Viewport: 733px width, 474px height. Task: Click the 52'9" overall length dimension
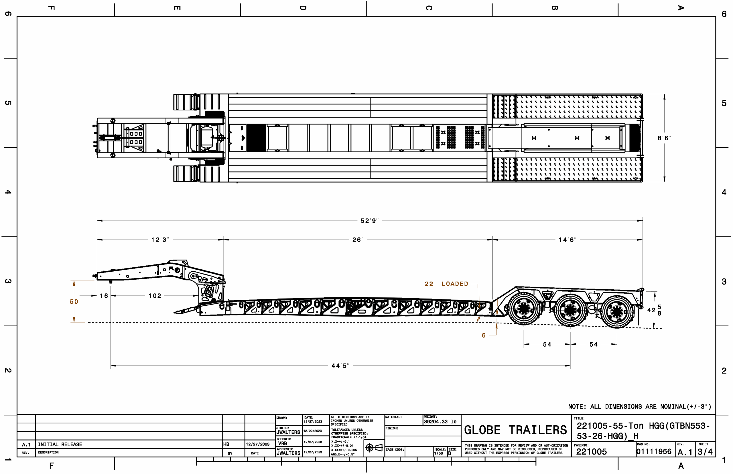tap(369, 221)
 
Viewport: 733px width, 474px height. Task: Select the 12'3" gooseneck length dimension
tap(160, 240)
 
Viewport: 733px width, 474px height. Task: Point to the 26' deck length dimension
tap(357, 240)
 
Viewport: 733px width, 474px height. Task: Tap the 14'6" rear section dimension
tap(567, 240)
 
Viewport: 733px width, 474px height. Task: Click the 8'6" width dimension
tap(664, 138)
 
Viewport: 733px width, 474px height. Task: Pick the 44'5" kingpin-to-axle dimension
tap(340, 366)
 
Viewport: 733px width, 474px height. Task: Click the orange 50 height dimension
tap(74, 302)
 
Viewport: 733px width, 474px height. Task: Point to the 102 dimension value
tap(155, 296)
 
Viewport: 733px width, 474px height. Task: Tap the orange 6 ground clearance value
tap(483, 335)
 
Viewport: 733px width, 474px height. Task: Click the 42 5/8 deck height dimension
tap(654, 310)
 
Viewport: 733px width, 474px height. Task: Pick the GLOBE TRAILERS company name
tap(515, 430)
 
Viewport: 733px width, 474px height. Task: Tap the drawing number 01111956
tap(654, 452)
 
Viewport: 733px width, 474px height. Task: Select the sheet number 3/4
tap(705, 452)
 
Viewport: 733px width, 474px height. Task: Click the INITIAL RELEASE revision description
tap(60, 445)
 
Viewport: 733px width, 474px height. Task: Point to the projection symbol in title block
tap(374, 448)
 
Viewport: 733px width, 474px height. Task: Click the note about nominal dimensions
tap(639, 407)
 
